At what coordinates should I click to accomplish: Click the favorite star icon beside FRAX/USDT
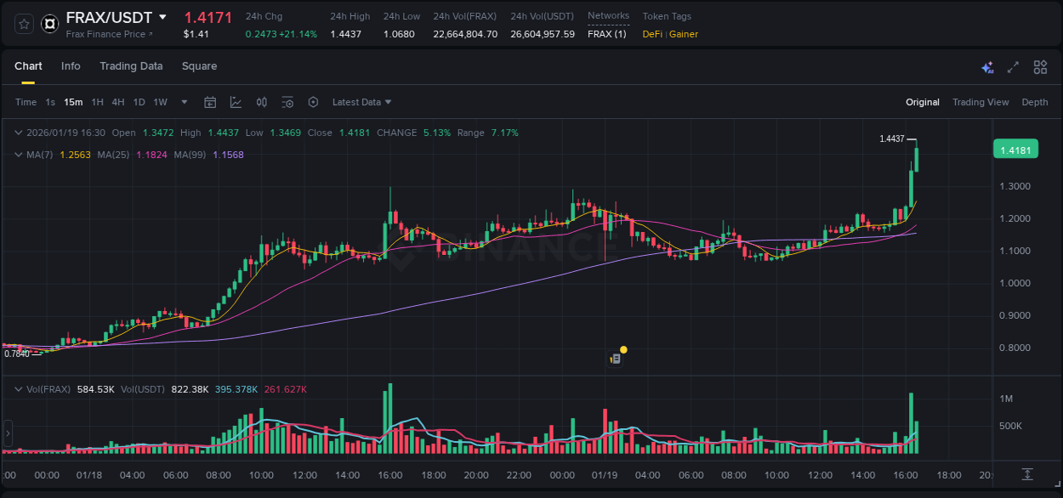tap(24, 24)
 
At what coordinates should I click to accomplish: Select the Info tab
tap(71, 66)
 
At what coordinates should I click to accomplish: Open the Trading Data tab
tap(131, 66)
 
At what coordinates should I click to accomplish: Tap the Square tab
tap(199, 66)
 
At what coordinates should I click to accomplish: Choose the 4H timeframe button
tap(117, 102)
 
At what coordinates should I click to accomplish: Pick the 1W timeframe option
tap(160, 102)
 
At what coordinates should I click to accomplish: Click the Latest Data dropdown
tap(361, 102)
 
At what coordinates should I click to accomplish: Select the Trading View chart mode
tap(980, 102)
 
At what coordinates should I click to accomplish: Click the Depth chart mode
tap(1034, 102)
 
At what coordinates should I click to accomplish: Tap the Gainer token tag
tap(684, 34)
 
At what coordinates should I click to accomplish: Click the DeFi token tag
tap(652, 34)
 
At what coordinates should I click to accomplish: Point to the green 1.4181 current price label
tap(1015, 150)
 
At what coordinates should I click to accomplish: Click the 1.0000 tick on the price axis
tap(1015, 283)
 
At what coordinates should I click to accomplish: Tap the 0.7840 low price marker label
tap(16, 354)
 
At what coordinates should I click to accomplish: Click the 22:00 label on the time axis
tap(519, 475)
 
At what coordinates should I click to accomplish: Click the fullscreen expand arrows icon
tap(1013, 67)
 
